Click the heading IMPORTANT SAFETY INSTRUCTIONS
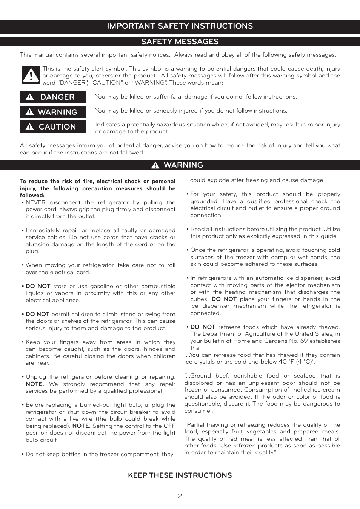(x=180, y=26)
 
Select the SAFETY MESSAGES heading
(x=180, y=42)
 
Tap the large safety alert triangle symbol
(x=31, y=75)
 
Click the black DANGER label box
(x=52, y=97)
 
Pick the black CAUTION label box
(x=52, y=127)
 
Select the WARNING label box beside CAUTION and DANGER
(x=52, y=112)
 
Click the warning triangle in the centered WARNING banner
(x=155, y=165)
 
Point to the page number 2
(x=180, y=496)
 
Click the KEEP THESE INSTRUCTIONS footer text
(x=180, y=475)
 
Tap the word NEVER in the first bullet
(x=35, y=202)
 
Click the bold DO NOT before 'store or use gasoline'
(x=38, y=286)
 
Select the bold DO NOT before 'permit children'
(x=37, y=314)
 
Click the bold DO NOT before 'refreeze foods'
(x=203, y=327)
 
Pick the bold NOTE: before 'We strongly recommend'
(x=35, y=384)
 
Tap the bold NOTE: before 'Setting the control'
(x=81, y=426)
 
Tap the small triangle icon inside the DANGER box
(x=30, y=97)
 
